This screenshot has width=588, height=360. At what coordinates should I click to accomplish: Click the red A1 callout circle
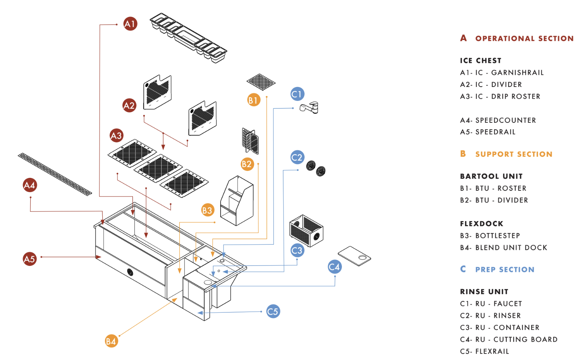130,24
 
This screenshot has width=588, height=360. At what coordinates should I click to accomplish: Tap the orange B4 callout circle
111,341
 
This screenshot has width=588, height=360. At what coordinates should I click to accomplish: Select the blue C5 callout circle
273,311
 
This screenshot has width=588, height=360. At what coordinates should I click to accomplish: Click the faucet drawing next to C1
310,107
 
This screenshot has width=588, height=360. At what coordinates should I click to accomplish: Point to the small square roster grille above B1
261,82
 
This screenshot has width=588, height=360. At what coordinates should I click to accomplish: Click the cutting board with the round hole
354,256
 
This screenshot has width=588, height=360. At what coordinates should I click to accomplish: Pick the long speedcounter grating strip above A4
55,174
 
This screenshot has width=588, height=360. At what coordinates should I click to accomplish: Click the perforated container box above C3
306,231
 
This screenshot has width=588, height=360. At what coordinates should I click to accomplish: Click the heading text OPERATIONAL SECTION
524,39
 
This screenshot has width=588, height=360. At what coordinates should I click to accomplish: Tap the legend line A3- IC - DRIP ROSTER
500,97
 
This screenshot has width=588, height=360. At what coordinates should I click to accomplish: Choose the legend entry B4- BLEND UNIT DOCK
504,248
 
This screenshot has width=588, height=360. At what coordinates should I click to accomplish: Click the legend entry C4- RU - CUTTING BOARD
509,339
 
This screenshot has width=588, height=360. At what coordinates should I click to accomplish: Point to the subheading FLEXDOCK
481,224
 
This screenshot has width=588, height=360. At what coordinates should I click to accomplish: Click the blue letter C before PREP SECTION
463,269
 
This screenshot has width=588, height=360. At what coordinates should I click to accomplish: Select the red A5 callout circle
30,259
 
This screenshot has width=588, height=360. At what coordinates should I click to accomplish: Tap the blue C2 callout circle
297,157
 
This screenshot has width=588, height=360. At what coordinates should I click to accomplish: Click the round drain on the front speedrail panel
130,272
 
